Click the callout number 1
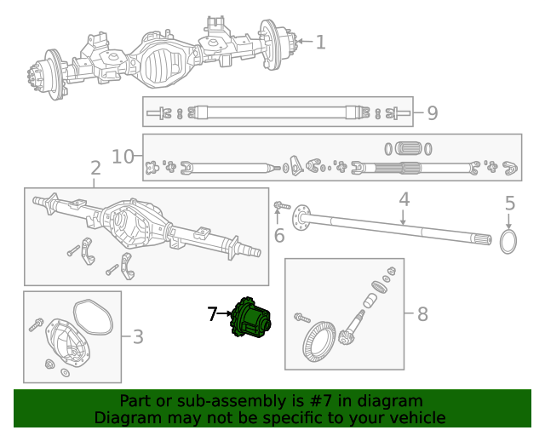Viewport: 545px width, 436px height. click(x=320, y=42)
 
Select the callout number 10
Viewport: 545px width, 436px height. click(x=123, y=156)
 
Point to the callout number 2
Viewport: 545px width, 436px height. click(x=95, y=169)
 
